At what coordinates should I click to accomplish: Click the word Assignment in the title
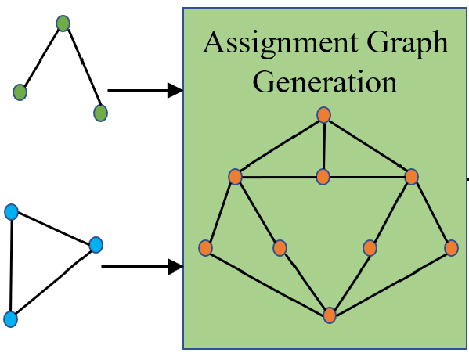pos(280,43)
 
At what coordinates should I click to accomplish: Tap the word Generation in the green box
pos(325,81)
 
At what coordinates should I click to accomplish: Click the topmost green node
pos(63,23)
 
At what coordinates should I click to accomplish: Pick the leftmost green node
pos(20,92)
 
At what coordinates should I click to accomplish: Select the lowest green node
pos(100,113)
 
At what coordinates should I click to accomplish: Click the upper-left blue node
pos(12,212)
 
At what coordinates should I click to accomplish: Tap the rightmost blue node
pos(96,245)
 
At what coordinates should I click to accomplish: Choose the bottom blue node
pos(11,319)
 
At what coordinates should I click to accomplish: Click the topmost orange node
pos(323,115)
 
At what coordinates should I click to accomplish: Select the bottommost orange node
pos(330,315)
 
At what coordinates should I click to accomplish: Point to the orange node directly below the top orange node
pos(323,177)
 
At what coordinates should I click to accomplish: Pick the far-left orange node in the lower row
pos(206,248)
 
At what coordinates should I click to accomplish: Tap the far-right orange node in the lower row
pos(451,248)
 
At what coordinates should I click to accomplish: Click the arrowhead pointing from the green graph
pos(175,90)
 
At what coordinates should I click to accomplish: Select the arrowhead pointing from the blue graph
pos(175,266)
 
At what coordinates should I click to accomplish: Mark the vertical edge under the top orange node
pos(323,146)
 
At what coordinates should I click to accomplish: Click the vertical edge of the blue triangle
pos(11,265)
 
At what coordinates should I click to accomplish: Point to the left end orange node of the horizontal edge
pos(236,177)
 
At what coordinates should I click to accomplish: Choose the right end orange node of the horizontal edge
pos(412,177)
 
